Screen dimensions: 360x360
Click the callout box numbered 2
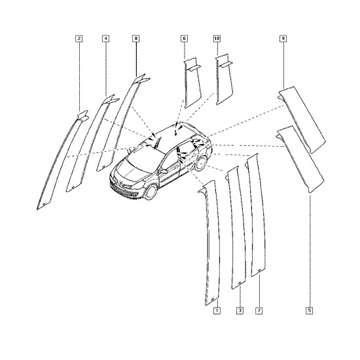pos(79,39)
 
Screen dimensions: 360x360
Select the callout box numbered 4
pos(105,39)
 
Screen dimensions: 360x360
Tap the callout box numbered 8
pos(136,39)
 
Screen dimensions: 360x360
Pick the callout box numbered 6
pos(184,39)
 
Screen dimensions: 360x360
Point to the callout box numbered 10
pos(217,39)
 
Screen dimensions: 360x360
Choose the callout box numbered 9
pos(283,39)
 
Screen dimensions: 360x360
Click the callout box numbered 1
pos(217,311)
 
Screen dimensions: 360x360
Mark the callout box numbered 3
pos(240,311)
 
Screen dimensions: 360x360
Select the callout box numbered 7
pos(259,311)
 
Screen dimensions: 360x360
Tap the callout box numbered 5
pos(310,311)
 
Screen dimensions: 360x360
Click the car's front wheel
pos(151,192)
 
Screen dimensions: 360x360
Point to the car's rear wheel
pos(201,163)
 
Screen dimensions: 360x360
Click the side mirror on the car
pos(164,171)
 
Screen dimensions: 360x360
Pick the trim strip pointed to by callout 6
pos(192,83)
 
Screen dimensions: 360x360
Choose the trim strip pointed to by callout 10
pos(224,79)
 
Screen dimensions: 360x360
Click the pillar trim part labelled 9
pos(302,119)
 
